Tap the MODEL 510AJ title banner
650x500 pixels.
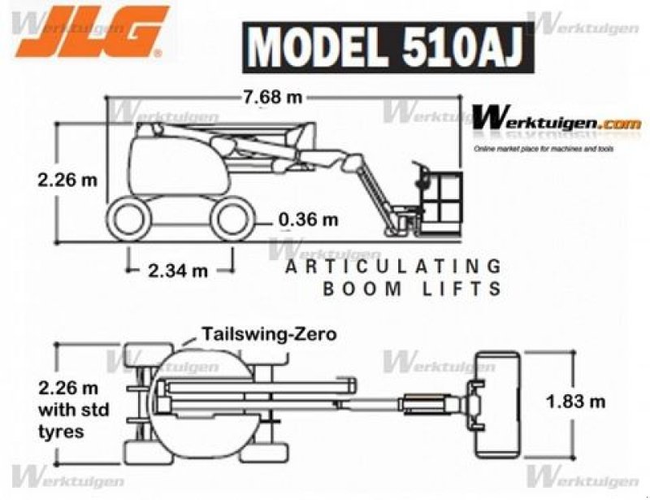click(388, 46)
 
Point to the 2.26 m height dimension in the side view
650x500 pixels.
click(67, 180)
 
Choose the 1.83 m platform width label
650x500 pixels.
click(575, 400)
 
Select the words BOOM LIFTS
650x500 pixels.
click(412, 289)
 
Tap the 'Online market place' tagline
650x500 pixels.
click(544, 149)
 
